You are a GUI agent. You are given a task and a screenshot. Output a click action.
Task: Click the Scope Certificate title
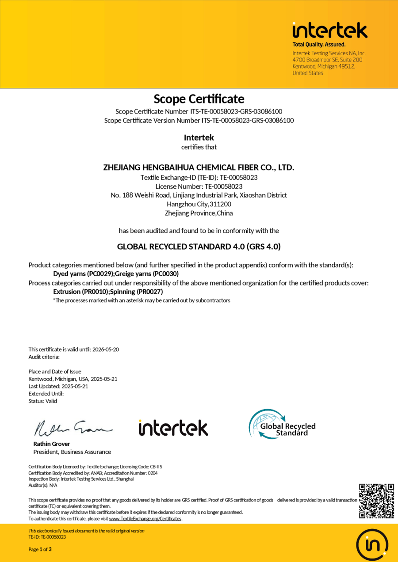point(199,99)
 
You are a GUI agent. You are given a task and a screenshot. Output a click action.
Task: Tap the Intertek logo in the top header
point(329,30)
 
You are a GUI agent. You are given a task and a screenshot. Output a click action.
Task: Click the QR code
point(376,501)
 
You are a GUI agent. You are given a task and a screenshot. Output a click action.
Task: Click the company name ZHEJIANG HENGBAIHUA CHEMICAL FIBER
point(199,167)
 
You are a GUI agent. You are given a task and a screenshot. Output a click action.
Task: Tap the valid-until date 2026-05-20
point(105,349)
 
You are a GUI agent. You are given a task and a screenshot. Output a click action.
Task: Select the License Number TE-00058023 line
point(199,186)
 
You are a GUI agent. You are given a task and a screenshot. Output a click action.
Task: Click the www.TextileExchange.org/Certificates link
point(145,519)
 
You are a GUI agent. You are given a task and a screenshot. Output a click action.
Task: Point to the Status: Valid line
point(43,401)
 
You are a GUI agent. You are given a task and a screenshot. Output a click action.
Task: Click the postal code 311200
point(220,204)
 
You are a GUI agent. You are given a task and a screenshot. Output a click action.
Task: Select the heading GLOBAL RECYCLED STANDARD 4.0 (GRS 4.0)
point(199,247)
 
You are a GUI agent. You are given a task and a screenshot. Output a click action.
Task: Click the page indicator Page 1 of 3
point(40,550)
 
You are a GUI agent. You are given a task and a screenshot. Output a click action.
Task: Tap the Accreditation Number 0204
point(152,473)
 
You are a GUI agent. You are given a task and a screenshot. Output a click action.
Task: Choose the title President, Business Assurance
point(72,452)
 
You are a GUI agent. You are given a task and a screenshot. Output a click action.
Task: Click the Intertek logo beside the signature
point(173,427)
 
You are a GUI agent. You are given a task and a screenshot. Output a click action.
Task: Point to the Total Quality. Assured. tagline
point(319,45)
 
